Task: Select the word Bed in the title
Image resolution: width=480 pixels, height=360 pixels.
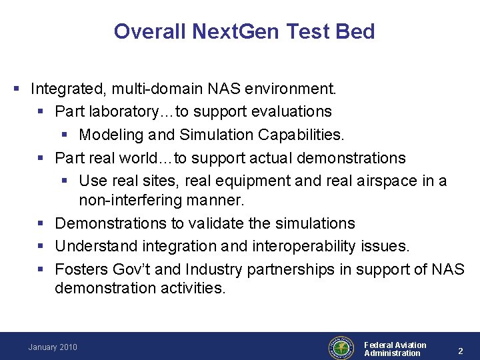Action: tap(357, 31)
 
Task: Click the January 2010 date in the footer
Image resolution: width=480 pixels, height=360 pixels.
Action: tap(53, 347)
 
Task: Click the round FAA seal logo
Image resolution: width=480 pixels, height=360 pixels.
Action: tap(341, 347)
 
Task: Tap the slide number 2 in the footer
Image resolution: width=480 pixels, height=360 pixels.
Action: tap(459, 349)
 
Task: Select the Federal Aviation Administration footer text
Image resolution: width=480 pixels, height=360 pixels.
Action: tap(395, 349)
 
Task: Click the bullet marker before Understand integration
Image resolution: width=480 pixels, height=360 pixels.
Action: tap(41, 247)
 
